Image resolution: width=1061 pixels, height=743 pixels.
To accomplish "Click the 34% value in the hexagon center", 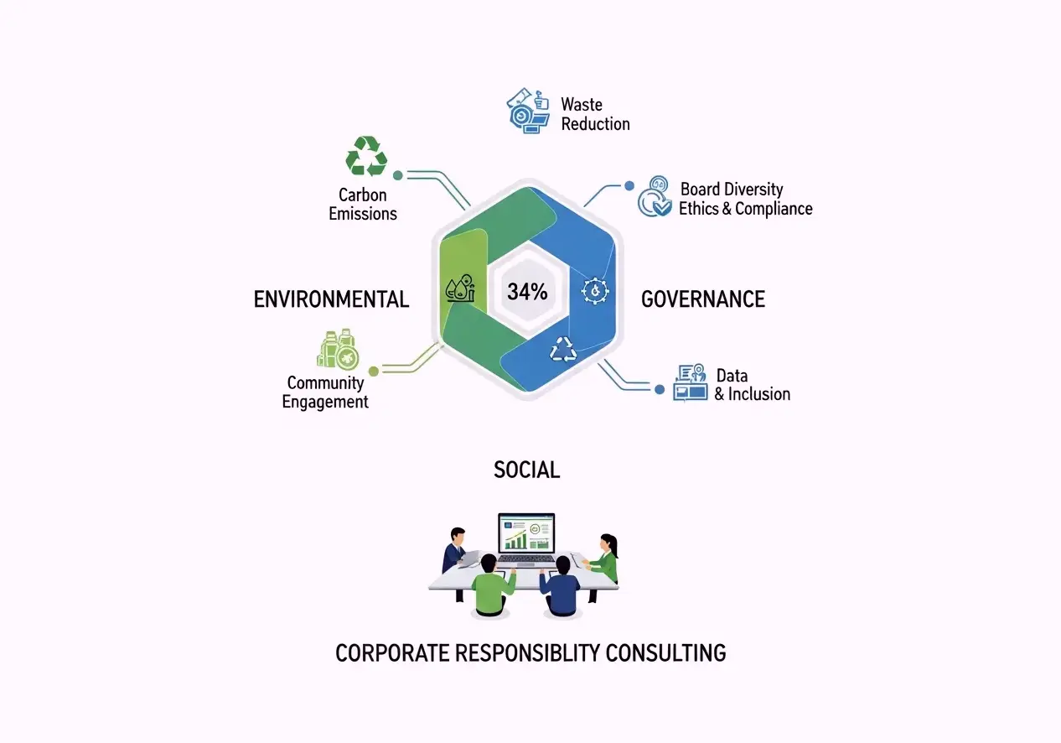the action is [527, 292].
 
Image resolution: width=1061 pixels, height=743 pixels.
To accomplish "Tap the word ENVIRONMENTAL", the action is [331, 299].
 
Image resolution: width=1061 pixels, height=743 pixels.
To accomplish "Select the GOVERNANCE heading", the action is [703, 299].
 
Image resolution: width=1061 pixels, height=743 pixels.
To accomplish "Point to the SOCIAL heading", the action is [526, 470].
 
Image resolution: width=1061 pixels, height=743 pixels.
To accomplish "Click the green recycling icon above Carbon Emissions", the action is [366, 156].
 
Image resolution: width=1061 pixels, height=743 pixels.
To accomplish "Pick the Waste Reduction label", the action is [595, 114].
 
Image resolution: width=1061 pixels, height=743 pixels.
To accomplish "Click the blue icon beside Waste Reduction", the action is [528, 111].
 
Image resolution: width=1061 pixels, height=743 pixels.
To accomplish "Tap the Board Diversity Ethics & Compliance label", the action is [746, 199].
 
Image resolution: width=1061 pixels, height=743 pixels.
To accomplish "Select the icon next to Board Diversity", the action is [655, 196].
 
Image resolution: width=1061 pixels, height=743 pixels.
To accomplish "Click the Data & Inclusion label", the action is [753, 385].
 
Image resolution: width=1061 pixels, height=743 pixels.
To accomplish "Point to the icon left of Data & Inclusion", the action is [690, 383].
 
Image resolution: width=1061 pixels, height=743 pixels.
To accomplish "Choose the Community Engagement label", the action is [325, 392].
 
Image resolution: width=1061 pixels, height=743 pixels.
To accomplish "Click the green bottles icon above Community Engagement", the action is [338, 349].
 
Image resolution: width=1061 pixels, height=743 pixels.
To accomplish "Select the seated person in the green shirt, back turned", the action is [492, 586].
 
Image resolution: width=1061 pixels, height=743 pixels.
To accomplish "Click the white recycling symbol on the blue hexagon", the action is [563, 349].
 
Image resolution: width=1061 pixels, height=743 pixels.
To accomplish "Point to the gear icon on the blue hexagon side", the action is [595, 291].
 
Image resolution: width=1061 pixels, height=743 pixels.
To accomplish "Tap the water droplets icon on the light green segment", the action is [460, 288].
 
